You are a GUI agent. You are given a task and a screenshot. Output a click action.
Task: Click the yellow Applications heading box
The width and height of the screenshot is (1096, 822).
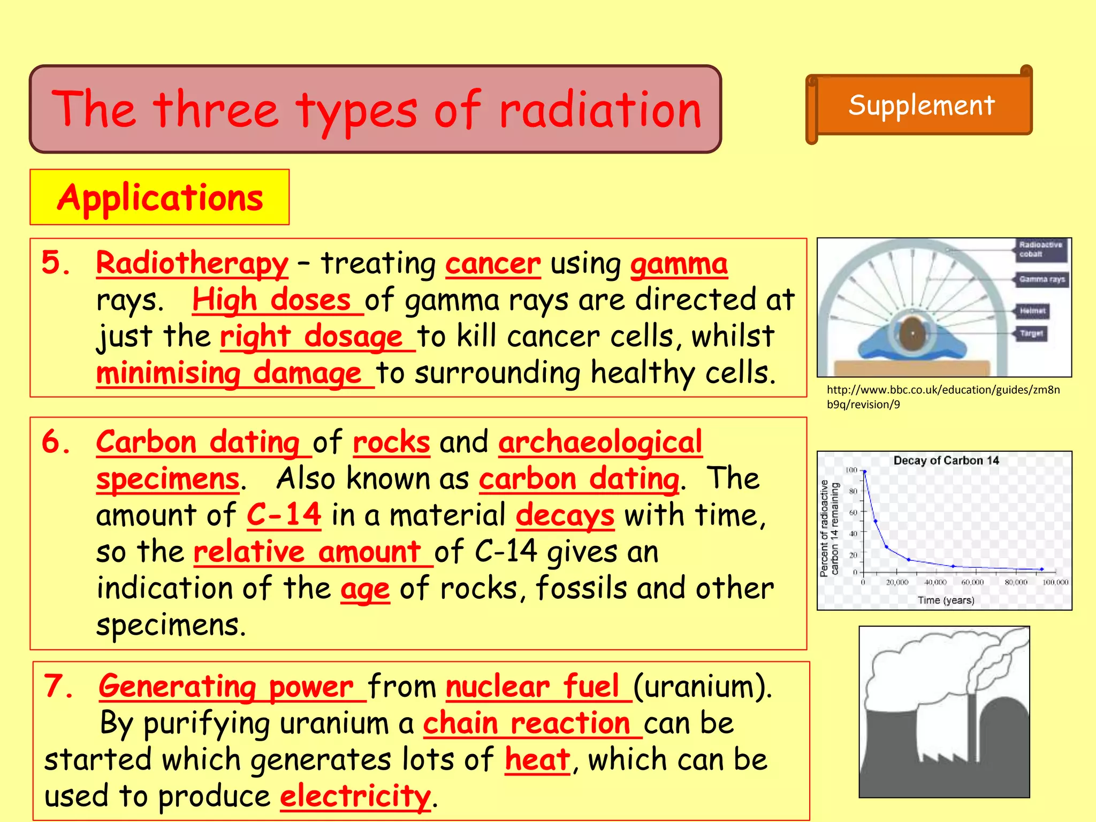point(159,197)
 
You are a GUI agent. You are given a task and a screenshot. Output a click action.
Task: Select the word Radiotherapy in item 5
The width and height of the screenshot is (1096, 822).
point(192,263)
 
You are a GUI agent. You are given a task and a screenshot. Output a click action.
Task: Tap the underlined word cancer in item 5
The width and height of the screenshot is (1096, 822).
point(492,264)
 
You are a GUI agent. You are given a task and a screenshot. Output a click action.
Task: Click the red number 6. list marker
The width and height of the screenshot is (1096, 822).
point(56,443)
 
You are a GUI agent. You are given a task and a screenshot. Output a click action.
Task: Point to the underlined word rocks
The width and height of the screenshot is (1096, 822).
point(391,443)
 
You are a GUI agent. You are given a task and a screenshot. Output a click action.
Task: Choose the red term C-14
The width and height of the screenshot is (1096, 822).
point(284,515)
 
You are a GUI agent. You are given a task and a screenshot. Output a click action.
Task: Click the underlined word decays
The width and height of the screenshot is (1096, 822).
point(565,516)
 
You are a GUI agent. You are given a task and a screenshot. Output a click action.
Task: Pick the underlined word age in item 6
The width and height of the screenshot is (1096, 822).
point(365,590)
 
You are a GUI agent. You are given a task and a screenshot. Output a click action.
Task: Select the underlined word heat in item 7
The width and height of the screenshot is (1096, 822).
point(537,760)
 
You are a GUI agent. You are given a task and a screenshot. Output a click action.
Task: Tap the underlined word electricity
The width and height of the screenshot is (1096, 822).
point(355,796)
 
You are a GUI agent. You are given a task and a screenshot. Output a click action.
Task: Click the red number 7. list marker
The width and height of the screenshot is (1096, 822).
point(58,686)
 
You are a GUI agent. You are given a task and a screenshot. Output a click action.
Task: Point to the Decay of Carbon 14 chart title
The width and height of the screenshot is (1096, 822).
point(946,460)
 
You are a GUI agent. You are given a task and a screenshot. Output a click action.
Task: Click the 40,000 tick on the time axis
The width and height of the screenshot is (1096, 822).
point(935,582)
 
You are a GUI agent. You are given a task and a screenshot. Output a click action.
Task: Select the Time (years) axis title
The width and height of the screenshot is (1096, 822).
point(946,600)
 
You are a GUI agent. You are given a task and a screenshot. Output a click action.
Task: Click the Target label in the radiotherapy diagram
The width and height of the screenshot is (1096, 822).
point(1031,333)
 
